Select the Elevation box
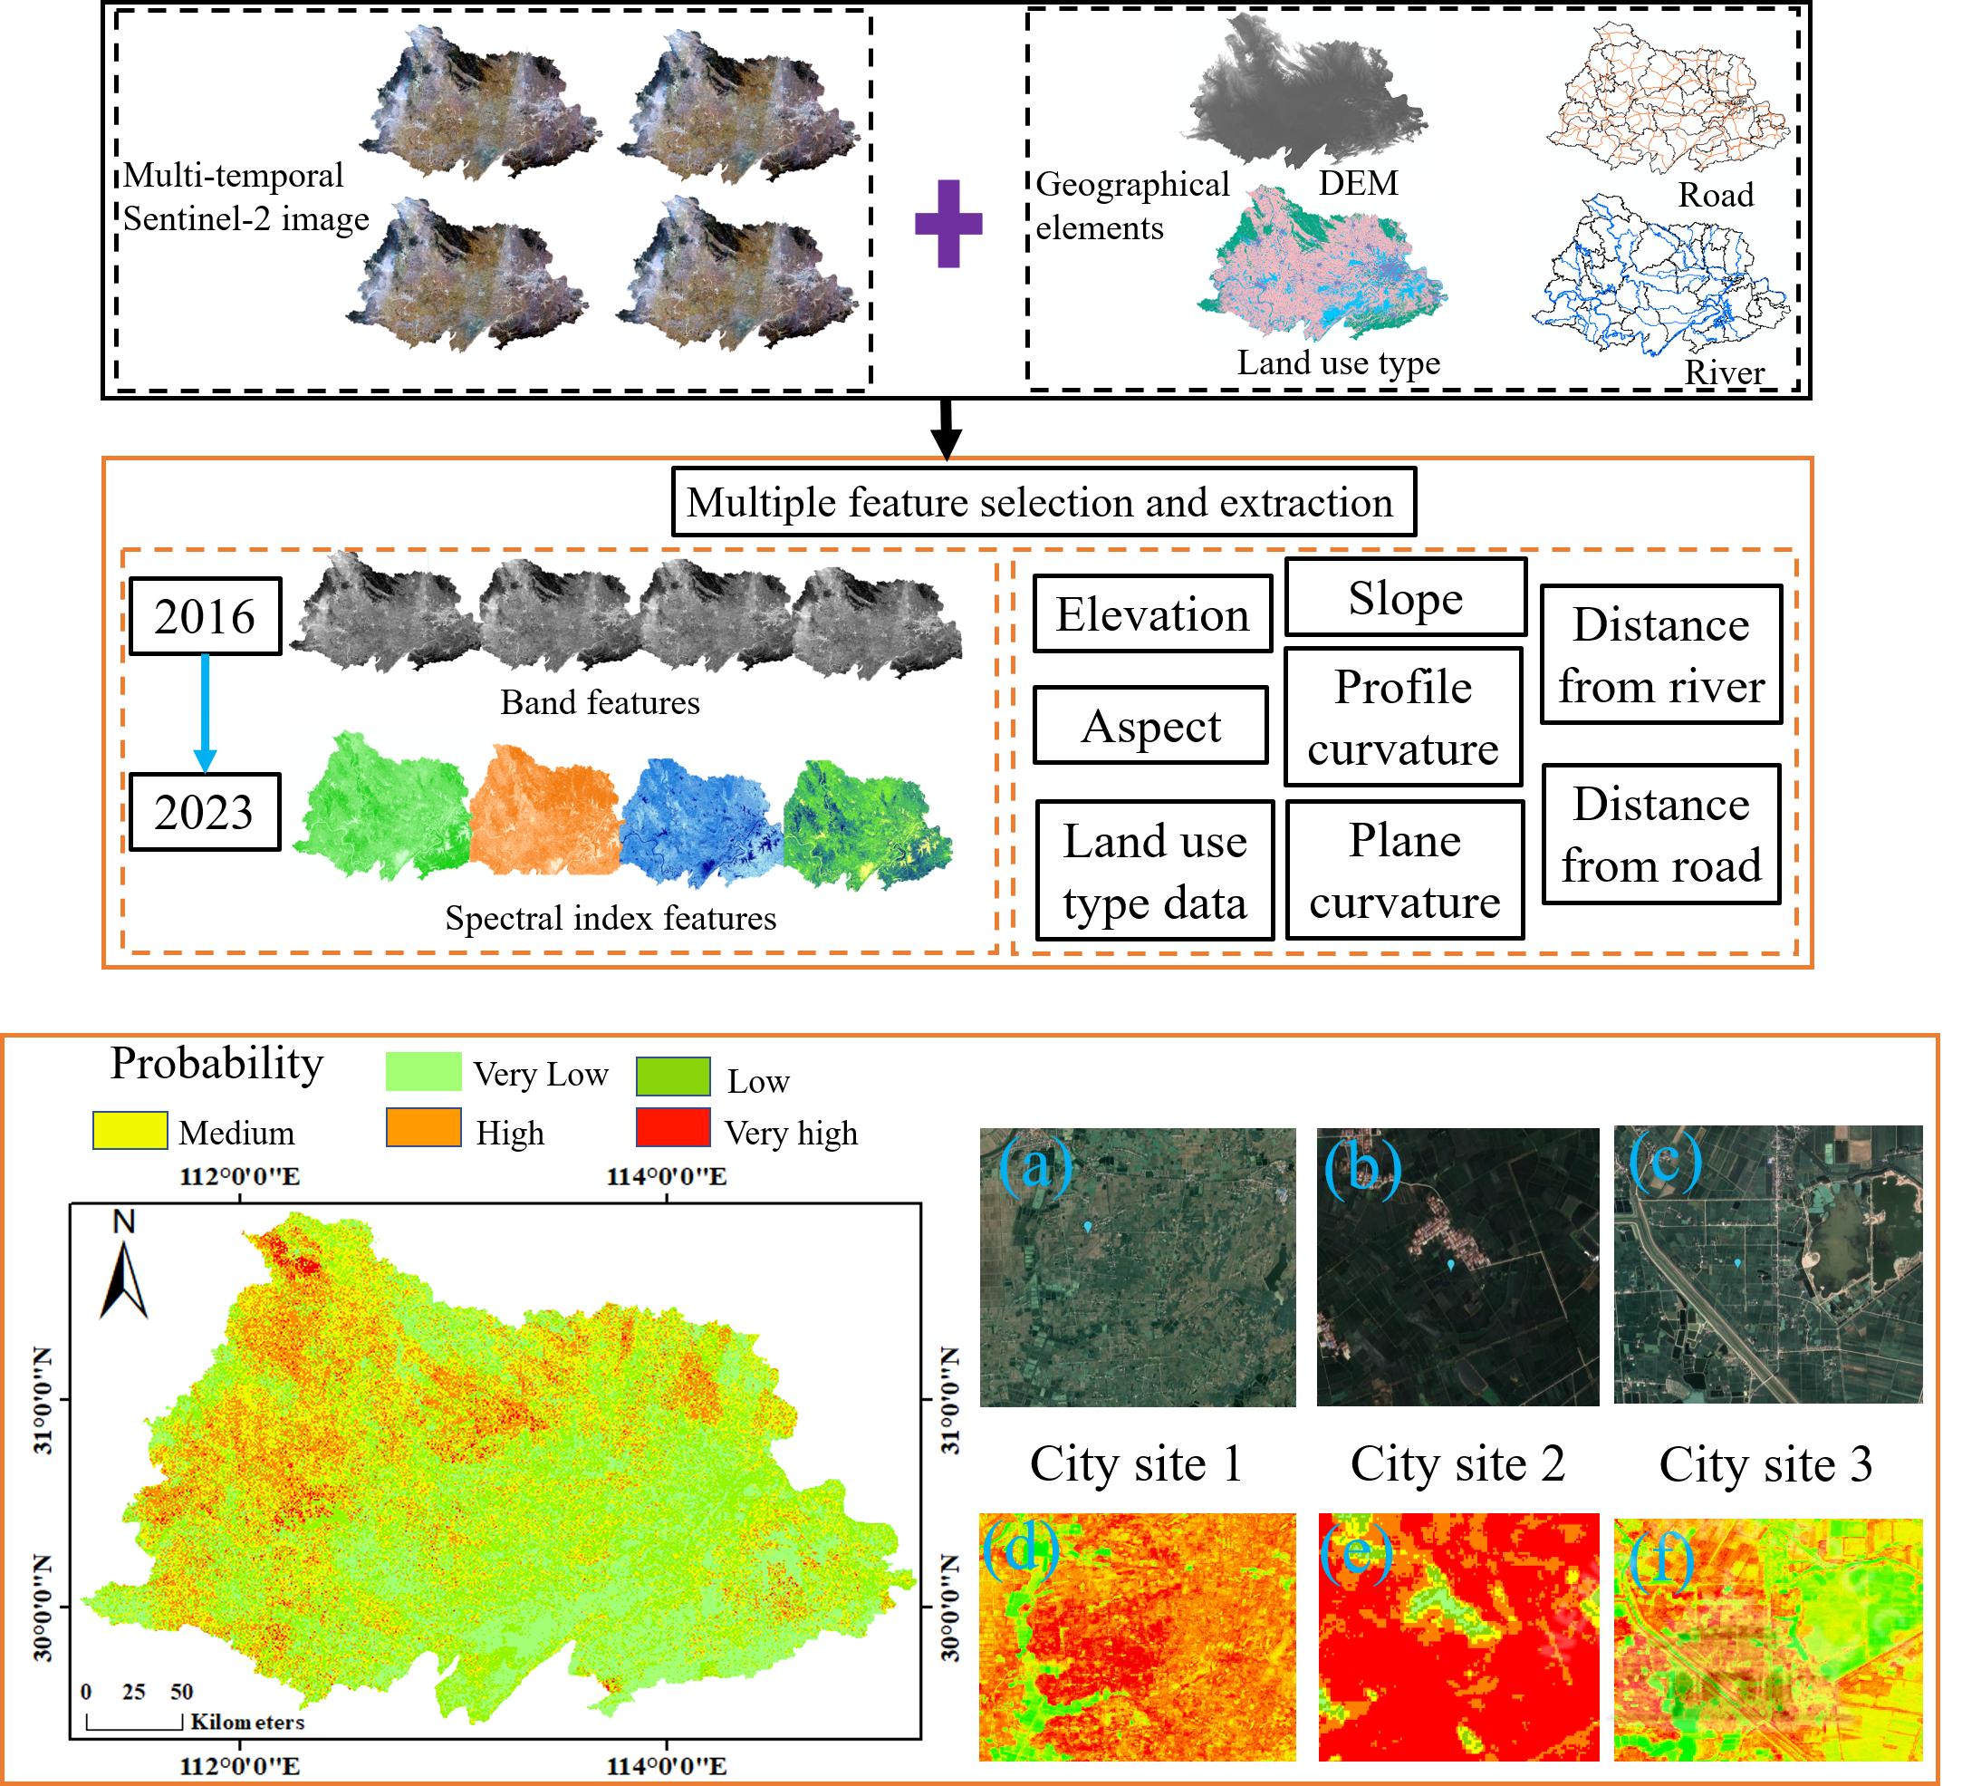(1152, 614)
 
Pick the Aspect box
(1150, 726)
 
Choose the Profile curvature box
(1403, 718)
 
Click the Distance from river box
(1661, 655)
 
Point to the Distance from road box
(1661, 835)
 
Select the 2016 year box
(205, 616)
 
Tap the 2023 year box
(205, 812)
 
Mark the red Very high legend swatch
(672, 1128)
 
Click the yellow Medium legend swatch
(130, 1131)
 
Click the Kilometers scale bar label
(247, 1723)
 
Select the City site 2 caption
(1457, 1463)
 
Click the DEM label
(1358, 183)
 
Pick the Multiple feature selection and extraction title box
(1043, 502)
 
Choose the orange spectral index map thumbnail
(545, 810)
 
